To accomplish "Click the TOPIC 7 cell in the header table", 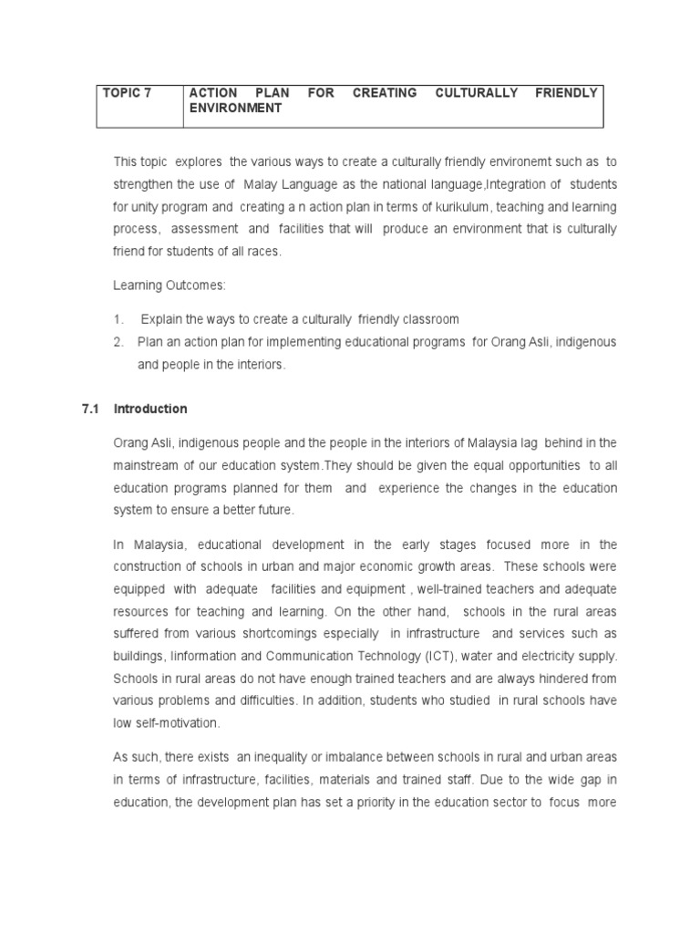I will tap(128, 93).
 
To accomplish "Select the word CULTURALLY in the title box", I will tap(473, 93).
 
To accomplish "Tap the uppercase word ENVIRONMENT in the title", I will tap(235, 108).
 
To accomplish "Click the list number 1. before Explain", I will tap(118, 319).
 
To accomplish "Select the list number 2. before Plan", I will tap(118, 342).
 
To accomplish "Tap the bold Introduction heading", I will tap(150, 409).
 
